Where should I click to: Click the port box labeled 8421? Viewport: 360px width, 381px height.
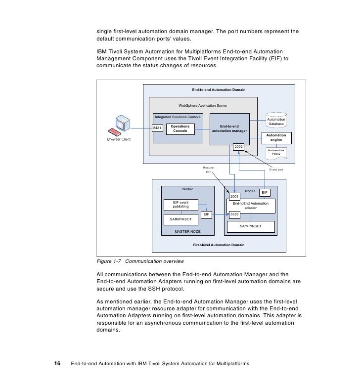(x=157, y=128)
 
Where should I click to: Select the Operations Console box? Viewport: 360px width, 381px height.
(x=180, y=128)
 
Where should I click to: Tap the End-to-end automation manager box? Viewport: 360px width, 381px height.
(x=229, y=128)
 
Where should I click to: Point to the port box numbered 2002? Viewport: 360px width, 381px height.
(x=238, y=147)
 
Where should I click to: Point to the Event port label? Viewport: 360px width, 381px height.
(x=275, y=170)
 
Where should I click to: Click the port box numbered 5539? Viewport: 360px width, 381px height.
(x=235, y=214)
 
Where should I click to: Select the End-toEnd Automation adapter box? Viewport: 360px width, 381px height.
(x=251, y=206)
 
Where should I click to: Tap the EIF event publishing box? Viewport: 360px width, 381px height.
(x=180, y=205)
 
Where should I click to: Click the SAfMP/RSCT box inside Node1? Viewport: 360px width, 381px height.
(x=251, y=227)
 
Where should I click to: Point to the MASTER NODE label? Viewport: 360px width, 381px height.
(x=187, y=231)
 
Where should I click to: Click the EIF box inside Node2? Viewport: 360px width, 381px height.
(x=207, y=214)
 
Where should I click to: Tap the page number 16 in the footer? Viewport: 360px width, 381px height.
(x=57, y=364)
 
